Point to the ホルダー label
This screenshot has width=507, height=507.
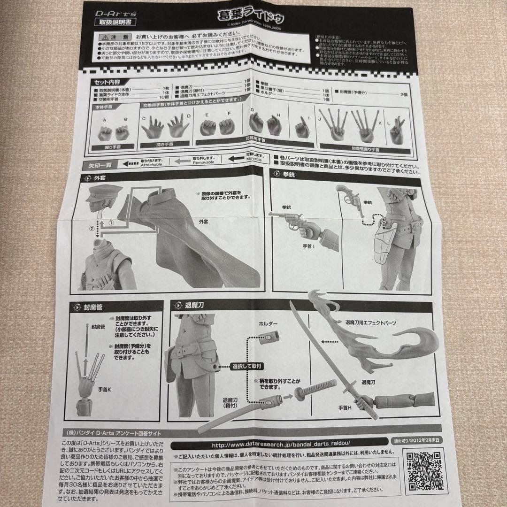268,324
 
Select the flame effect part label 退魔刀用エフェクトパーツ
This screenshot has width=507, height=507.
370,323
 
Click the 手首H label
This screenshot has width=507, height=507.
346,408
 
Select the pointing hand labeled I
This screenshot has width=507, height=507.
300,128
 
